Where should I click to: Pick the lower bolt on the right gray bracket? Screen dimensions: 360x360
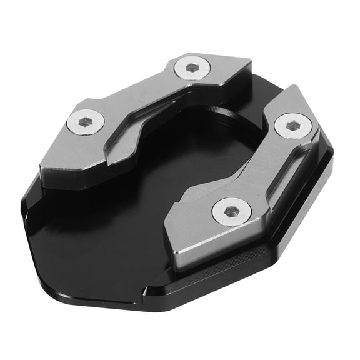click(229, 212)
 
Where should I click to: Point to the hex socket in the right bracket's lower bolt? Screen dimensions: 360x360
click(229, 212)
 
